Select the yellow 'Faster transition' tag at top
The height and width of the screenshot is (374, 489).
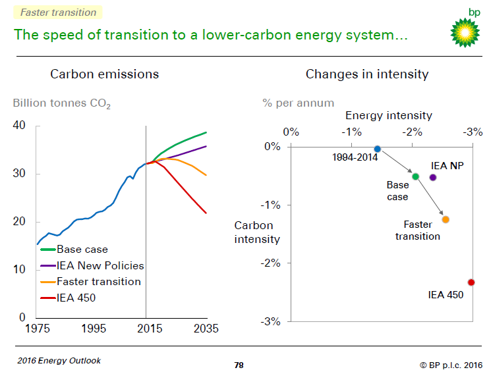(x=57, y=12)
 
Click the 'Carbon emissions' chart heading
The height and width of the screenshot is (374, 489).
(x=105, y=74)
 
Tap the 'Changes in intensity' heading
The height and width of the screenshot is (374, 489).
(x=367, y=74)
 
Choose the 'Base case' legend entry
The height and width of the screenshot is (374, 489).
(x=82, y=250)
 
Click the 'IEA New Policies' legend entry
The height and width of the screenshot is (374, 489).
(x=100, y=265)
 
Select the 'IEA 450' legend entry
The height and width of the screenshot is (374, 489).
(x=76, y=298)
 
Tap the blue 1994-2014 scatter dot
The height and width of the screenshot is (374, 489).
(x=377, y=149)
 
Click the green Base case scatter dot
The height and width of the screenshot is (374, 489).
(x=415, y=176)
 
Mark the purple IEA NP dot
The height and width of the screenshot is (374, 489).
(x=433, y=177)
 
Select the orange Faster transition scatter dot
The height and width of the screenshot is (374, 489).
(x=446, y=219)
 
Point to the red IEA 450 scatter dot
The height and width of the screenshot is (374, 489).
(x=471, y=282)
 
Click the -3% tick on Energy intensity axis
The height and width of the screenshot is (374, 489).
(x=473, y=132)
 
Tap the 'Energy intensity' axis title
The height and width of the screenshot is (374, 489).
(x=389, y=116)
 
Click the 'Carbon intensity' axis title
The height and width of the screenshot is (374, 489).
(x=257, y=232)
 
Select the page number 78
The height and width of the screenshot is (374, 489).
(x=239, y=365)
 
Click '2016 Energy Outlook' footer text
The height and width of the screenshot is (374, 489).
(x=59, y=360)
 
